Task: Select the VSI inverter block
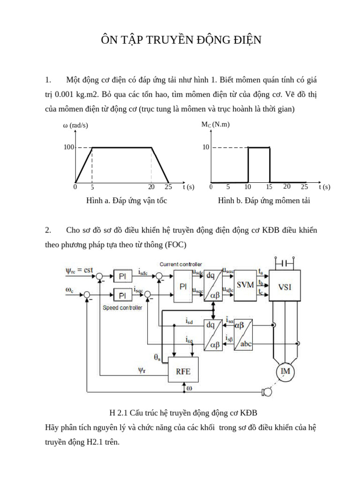(285, 286)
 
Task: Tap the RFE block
(183, 369)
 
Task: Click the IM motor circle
(286, 371)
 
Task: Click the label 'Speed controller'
(122, 308)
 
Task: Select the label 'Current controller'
(180, 264)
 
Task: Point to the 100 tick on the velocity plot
(69, 147)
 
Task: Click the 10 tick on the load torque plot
(206, 147)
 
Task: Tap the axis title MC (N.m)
(216, 124)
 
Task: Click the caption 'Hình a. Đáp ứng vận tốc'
(127, 201)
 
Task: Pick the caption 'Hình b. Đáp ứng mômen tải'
(264, 201)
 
